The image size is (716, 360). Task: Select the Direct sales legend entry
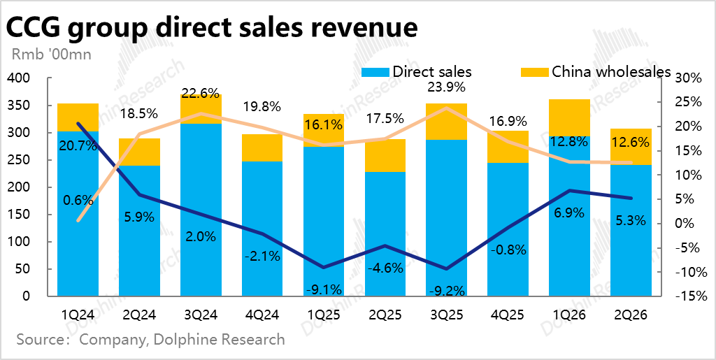point(431,71)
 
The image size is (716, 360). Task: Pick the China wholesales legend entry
point(611,71)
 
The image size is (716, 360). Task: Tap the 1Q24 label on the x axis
point(78,315)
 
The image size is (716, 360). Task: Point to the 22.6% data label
point(201,93)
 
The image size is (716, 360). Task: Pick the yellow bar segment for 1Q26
point(571,117)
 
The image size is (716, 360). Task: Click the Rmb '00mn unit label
point(52,53)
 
